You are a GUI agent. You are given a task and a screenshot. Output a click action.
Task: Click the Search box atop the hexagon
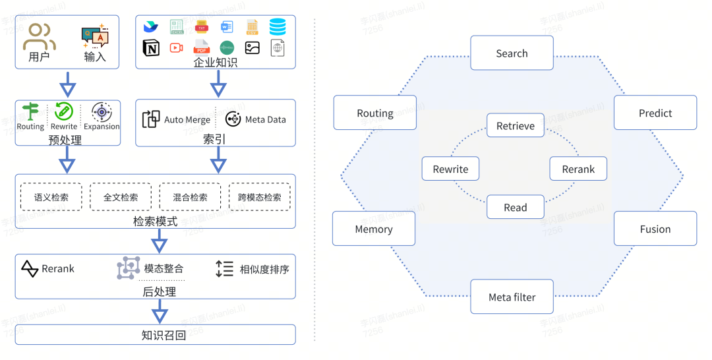coord(512,53)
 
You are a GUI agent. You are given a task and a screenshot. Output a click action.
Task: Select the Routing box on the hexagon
coord(375,113)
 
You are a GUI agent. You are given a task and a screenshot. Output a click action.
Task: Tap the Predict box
coord(655,113)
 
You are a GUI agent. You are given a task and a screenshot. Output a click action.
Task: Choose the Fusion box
coord(655,229)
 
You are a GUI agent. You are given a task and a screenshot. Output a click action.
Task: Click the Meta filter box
coord(512,297)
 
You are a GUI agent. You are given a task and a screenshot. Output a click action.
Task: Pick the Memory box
coord(374,229)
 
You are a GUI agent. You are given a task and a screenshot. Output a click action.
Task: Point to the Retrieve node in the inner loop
coord(516,126)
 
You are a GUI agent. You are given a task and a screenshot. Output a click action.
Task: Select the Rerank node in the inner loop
coord(578,169)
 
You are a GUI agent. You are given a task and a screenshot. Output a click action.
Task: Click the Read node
coord(516,207)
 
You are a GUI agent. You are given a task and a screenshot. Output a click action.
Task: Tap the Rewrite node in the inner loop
coord(451,169)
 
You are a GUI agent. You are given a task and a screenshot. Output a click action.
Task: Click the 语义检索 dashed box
coord(51,197)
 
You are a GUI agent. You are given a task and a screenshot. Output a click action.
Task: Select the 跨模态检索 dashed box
coord(259,197)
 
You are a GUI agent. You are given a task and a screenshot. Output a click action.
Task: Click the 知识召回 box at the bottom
coord(156,334)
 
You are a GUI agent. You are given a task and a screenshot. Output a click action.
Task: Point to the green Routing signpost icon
coord(30,111)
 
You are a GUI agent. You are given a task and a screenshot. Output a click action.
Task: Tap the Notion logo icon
coord(151,47)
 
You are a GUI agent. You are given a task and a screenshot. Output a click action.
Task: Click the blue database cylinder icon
coord(278,27)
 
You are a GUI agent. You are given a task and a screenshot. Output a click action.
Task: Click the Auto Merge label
coord(187,120)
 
